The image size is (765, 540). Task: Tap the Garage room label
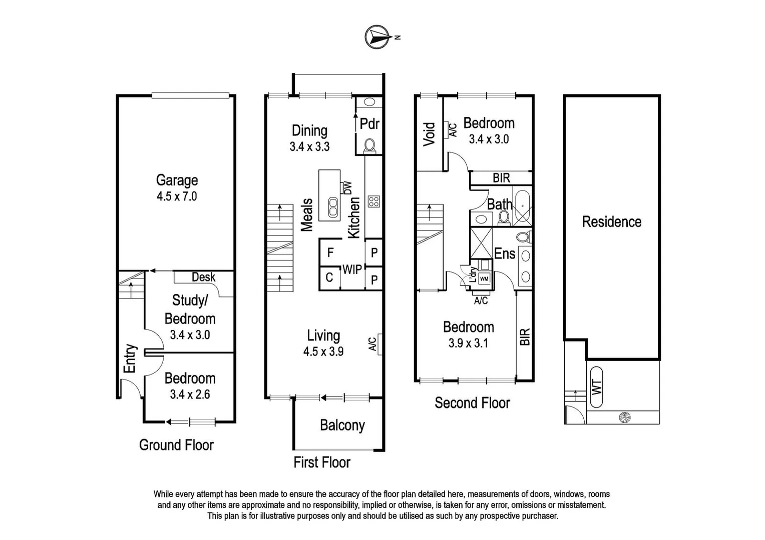[177, 180]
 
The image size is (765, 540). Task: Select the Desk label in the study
[203, 277]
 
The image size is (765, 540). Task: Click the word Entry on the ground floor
[130, 358]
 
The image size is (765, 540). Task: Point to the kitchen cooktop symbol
[373, 201]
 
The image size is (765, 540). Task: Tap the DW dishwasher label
[347, 188]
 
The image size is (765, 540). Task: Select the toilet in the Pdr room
[370, 145]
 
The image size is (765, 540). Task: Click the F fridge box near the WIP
[330, 252]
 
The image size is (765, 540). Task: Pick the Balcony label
[342, 425]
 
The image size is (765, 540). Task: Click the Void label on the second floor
[429, 134]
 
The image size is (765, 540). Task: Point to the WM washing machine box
[484, 278]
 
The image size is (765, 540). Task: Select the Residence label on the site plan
[611, 222]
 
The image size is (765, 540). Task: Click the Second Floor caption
[472, 403]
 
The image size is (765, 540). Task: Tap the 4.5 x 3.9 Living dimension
[323, 351]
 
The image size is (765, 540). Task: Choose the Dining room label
[309, 130]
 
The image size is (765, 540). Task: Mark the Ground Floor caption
[176, 445]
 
